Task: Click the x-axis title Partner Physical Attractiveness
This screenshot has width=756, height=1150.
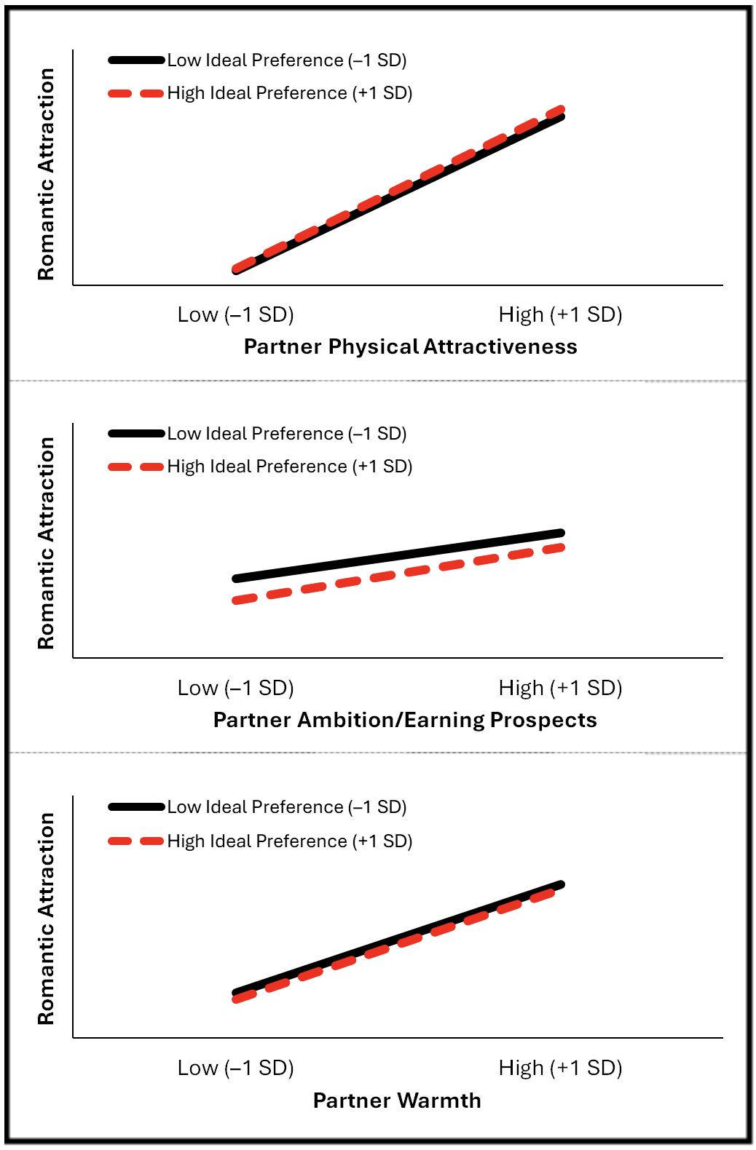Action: pyautogui.click(x=410, y=346)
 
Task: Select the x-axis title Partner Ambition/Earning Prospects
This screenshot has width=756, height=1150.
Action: pyautogui.click(x=405, y=720)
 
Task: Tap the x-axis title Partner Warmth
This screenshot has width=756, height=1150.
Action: pyautogui.click(x=397, y=1100)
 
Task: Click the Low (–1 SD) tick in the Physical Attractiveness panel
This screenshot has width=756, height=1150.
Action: pyautogui.click(x=235, y=314)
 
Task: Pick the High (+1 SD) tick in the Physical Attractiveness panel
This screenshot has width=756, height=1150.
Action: pyautogui.click(x=560, y=314)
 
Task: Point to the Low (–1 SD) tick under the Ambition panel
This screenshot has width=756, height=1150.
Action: pyautogui.click(x=235, y=688)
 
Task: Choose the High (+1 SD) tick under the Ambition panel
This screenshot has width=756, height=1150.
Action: pyautogui.click(x=560, y=688)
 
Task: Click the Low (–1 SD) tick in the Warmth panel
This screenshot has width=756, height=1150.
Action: pyautogui.click(x=235, y=1068)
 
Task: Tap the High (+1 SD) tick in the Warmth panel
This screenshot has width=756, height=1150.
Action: pyautogui.click(x=560, y=1068)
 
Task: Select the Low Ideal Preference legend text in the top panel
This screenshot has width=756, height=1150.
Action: pyautogui.click(x=287, y=60)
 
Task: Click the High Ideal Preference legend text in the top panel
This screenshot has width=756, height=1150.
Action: pyautogui.click(x=290, y=93)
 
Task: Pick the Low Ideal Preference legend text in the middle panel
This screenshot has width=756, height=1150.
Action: pyautogui.click(x=287, y=434)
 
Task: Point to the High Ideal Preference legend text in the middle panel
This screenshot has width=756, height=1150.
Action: pyautogui.click(x=290, y=467)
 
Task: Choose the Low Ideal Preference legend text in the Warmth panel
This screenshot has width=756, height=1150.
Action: pyautogui.click(x=287, y=807)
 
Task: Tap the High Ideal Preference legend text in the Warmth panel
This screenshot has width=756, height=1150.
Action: pyautogui.click(x=290, y=841)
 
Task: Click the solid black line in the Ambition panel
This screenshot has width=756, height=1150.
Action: pyautogui.click(x=398, y=556)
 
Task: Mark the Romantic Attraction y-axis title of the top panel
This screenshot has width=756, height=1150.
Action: pyautogui.click(x=46, y=174)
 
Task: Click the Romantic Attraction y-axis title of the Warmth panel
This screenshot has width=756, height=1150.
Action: pyautogui.click(x=46, y=919)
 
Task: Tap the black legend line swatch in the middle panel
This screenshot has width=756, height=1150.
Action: pyautogui.click(x=136, y=434)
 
